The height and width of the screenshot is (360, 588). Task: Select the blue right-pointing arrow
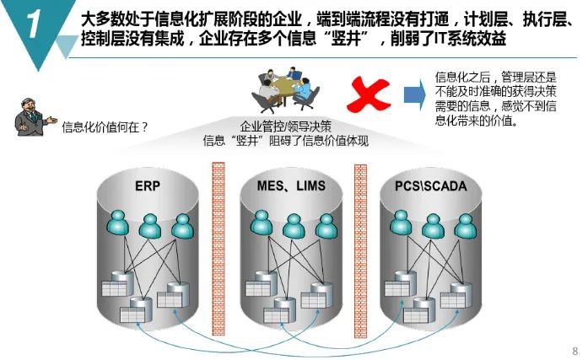[x=413, y=94]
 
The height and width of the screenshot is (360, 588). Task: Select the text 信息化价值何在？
[x=105, y=127]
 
